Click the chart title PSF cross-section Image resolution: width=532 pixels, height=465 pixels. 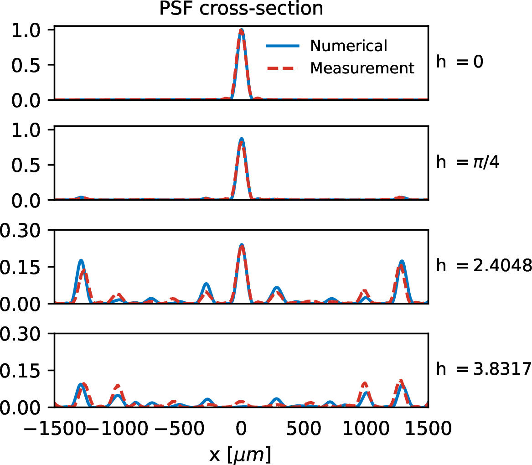pyautogui.click(x=241, y=9)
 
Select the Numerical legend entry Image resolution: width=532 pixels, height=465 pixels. pyautogui.click(x=348, y=46)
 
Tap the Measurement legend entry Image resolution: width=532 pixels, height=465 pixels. pyautogui.click(x=362, y=68)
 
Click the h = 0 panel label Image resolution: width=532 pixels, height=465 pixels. pyautogui.click(x=460, y=62)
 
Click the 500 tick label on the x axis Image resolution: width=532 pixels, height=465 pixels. pyautogui.click(x=304, y=429)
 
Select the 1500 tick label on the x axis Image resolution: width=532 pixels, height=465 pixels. pyautogui.click(x=428, y=429)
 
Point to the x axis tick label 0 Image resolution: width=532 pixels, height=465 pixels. pyautogui.click(x=241, y=429)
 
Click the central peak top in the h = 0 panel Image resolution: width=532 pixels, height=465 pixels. pyautogui.click(x=241, y=30)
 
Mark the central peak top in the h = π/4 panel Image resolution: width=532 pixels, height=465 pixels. pyautogui.click(x=241, y=139)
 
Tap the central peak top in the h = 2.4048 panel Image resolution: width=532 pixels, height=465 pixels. pyautogui.click(x=241, y=245)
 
